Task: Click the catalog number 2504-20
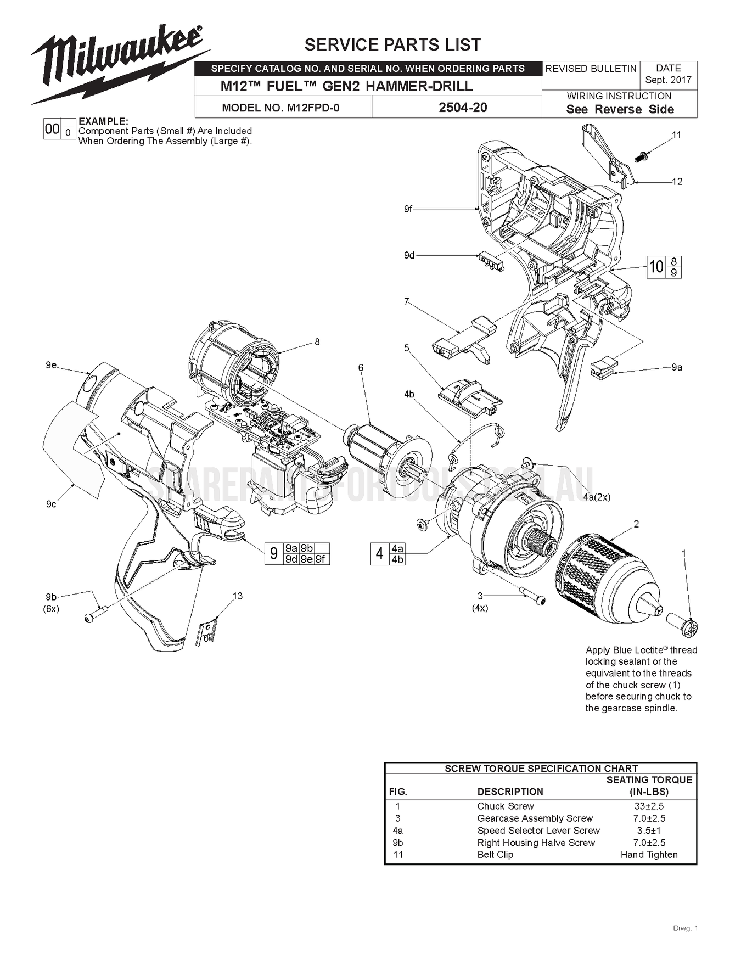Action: [462, 108]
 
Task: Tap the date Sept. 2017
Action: [668, 80]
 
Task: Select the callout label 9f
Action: [408, 209]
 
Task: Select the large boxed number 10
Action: [656, 267]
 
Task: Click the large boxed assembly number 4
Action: [379, 554]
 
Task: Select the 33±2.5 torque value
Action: [649, 806]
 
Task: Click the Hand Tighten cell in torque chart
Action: [649, 854]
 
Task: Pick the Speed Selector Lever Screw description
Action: [538, 830]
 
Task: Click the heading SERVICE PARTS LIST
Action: [392, 44]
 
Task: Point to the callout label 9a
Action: [676, 367]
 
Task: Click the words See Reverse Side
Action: [620, 109]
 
